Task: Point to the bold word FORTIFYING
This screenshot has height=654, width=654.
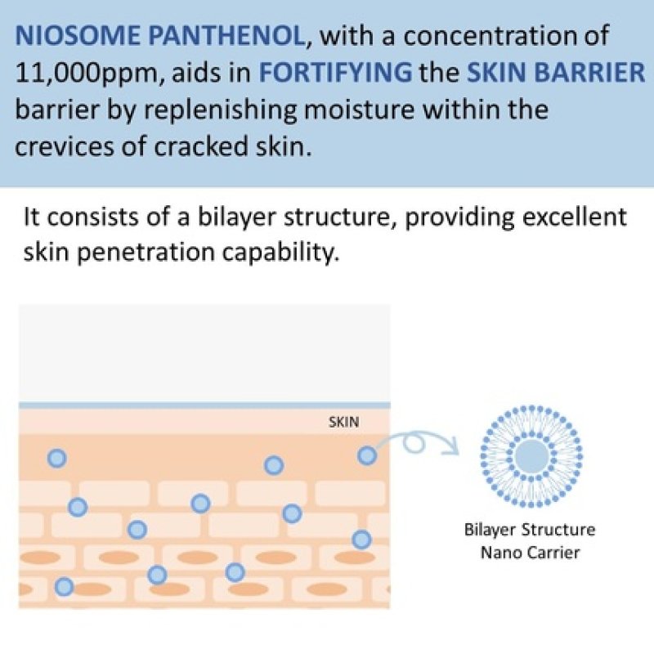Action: click(335, 73)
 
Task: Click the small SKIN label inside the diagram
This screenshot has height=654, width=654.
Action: click(343, 423)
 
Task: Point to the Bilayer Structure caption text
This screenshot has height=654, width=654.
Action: click(530, 529)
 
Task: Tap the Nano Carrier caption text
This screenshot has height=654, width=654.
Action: click(530, 552)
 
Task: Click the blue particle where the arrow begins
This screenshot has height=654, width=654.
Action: click(367, 455)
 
